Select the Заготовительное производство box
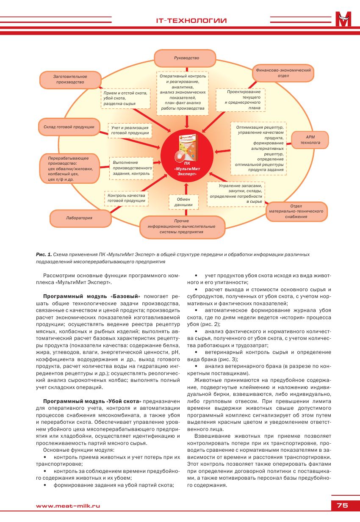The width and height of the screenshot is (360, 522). pyautogui.click(x=70, y=79)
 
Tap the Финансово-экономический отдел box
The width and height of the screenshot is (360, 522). pyautogui.click(x=283, y=72)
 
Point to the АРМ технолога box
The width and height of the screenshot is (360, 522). pyautogui.click(x=310, y=140)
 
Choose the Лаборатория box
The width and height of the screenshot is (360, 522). pyautogui.click(x=79, y=218)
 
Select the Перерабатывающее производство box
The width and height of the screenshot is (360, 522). pyautogui.click(x=69, y=169)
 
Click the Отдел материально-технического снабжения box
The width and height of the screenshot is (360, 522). pyautogui.click(x=296, y=211)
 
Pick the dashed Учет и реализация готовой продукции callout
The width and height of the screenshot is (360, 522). pyautogui.click(x=130, y=130)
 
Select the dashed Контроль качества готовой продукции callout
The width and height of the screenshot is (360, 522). pyautogui.click(x=126, y=198)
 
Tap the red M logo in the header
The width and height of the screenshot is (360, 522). pyautogui.click(x=343, y=19)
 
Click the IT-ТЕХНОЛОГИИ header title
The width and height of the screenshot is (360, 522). pyautogui.click(x=191, y=21)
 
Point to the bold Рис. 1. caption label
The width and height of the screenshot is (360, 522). pyautogui.click(x=44, y=254)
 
